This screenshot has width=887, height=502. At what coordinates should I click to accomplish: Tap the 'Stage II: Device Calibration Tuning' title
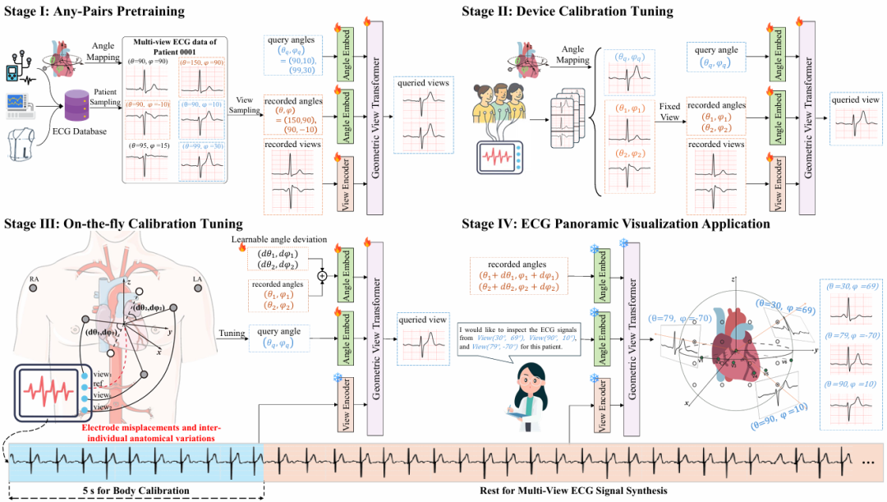(568, 12)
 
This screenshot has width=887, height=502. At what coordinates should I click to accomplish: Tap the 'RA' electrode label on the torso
(34, 279)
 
